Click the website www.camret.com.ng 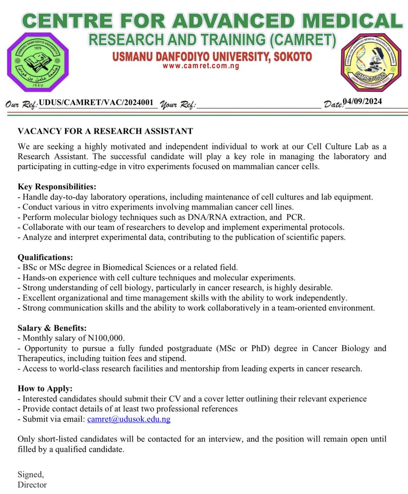(201, 66)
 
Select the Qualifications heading (45, 257)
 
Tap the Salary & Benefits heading (52, 328)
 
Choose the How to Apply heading (45, 388)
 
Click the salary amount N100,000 (106, 338)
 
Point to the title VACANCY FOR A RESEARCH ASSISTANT (105, 131)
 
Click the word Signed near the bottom (30, 475)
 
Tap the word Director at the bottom (32, 485)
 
